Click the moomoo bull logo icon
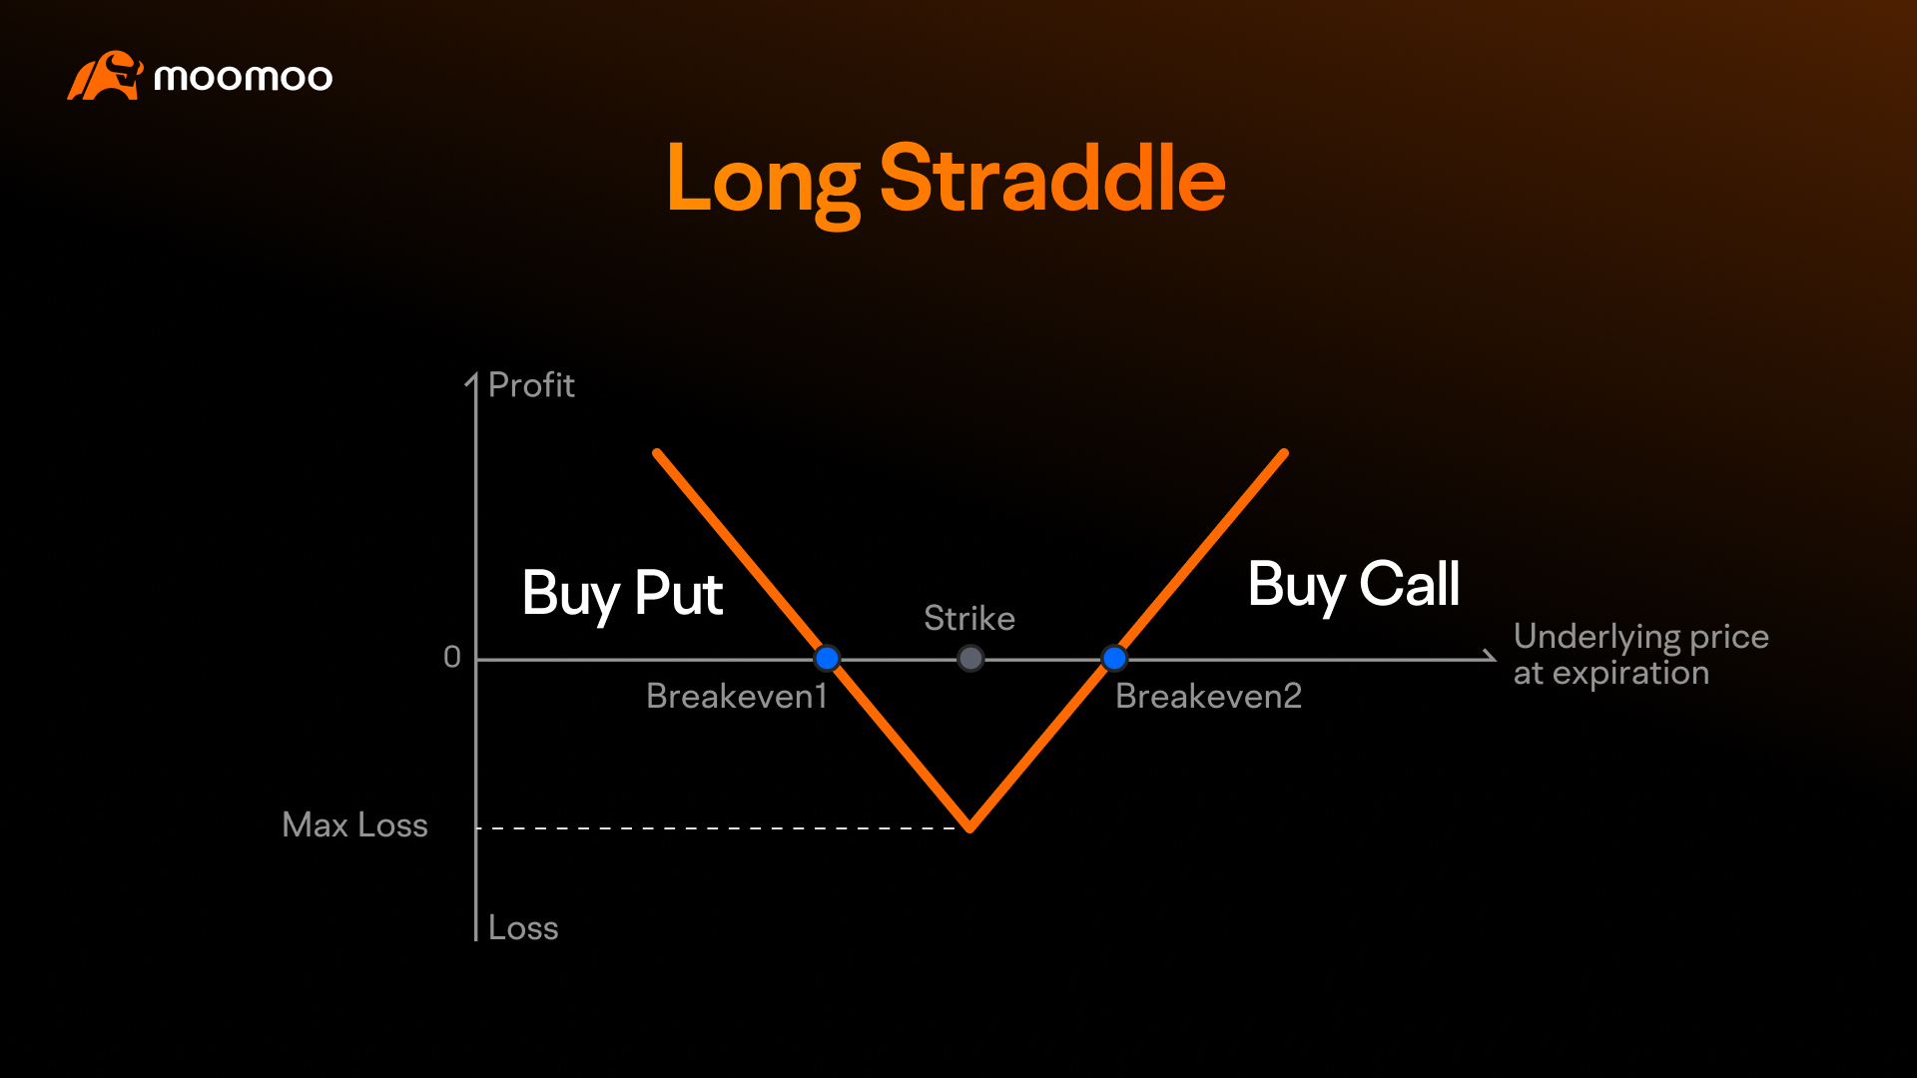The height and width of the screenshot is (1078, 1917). point(105,76)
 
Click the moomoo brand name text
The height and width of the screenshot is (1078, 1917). point(243,78)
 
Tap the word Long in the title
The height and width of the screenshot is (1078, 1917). point(763,180)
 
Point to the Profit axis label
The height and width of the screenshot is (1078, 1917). point(531,385)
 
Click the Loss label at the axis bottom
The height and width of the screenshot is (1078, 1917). point(523,928)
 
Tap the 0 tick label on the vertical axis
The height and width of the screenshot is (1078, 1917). point(452,657)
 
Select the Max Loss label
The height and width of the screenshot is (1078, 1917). point(354,825)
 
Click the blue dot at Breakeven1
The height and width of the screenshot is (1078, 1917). point(827,659)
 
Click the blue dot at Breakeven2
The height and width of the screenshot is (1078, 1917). point(1114,659)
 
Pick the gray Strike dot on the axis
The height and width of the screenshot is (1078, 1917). point(970,659)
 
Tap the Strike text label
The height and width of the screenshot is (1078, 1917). point(969,619)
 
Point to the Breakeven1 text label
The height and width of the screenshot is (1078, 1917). point(737,697)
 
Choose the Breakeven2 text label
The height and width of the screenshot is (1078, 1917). point(1209,697)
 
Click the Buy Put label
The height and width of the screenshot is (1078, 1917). point(622,595)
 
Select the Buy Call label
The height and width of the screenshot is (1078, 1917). point(1354,586)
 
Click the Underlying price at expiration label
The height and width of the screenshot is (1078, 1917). point(1641,655)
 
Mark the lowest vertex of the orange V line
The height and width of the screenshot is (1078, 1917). point(969,827)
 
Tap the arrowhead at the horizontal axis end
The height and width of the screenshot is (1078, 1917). point(1492,658)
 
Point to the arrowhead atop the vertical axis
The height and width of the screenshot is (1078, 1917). point(473,379)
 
